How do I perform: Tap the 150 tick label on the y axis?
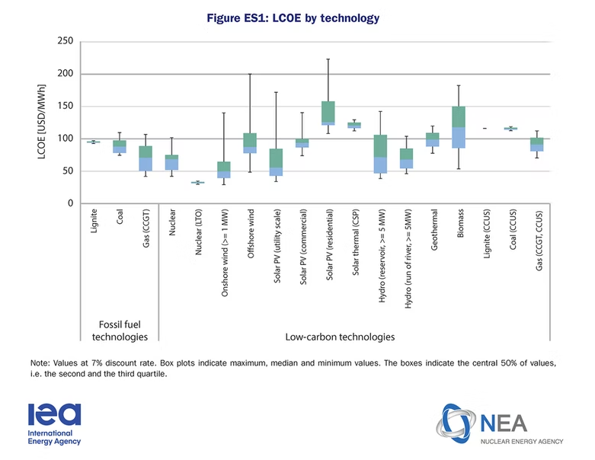click(64, 107)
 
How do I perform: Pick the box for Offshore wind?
click(250, 143)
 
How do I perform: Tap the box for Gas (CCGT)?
click(145, 158)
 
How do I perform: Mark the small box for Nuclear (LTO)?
click(197, 183)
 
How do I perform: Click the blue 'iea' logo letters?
click(53, 414)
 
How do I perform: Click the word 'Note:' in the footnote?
click(41, 363)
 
